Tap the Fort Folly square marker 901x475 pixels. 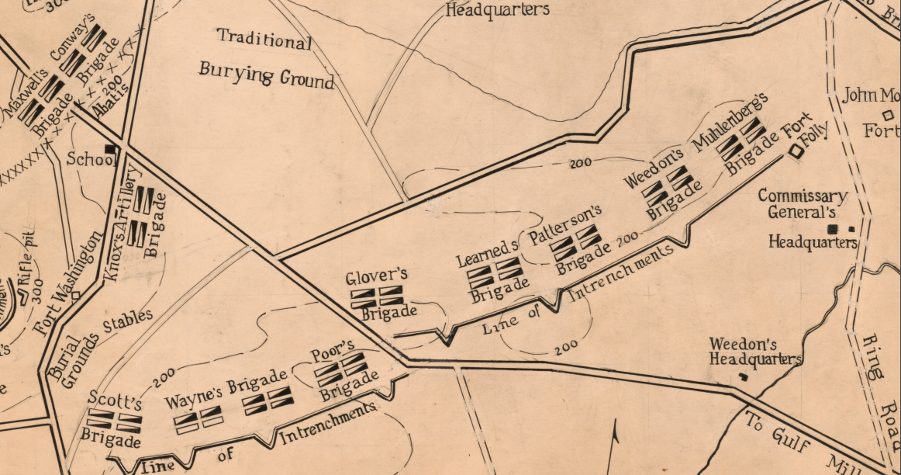pos(796,152)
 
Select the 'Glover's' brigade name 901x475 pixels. pos(376,278)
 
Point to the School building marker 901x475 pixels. pos(111,148)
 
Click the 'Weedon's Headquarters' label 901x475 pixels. pos(754,351)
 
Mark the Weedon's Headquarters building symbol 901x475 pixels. pos(743,376)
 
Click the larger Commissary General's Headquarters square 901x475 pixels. pos(834,229)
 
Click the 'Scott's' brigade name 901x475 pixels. pos(115,400)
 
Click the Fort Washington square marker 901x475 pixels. pos(75,294)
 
